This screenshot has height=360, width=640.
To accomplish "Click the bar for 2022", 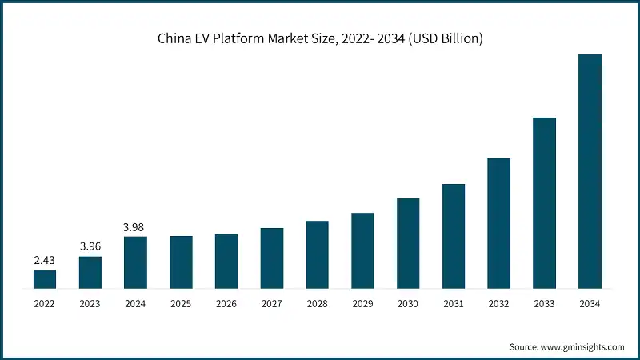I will point(45,279).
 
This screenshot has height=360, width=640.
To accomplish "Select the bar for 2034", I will point(590,171).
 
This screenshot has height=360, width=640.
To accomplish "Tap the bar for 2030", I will point(408,243).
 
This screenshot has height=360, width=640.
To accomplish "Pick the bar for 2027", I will point(272,258).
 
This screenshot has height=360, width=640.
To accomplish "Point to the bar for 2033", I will point(544,202).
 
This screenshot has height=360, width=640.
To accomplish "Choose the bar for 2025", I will point(181,262).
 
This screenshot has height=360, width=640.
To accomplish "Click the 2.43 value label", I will point(45,260).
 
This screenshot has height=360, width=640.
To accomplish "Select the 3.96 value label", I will point(90,246).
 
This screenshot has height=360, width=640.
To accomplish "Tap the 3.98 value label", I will point(135,226).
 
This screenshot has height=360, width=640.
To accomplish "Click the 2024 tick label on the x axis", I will point(135,304).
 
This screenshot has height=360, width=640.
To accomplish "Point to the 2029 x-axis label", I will point(362,304).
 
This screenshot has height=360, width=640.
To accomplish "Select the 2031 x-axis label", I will point(454,304).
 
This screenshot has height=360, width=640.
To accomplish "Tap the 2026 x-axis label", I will point(226,304).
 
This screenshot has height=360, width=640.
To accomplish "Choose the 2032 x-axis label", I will point(498,304).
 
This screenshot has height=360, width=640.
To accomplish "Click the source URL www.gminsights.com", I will point(583,346).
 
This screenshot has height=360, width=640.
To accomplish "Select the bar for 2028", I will point(317,254).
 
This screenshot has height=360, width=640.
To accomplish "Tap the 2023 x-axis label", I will point(90,304).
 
